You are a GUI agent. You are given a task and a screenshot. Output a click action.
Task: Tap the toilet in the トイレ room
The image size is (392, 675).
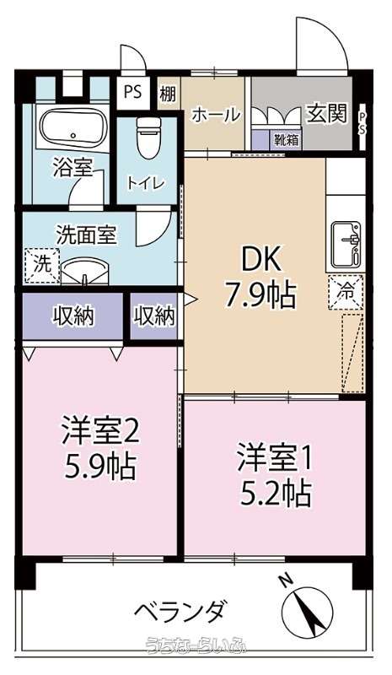click(x=148, y=138)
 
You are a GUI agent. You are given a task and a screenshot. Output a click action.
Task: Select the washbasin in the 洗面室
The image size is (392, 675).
click(x=85, y=271)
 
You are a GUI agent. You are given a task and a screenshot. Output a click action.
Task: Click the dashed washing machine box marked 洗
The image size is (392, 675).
click(x=42, y=265)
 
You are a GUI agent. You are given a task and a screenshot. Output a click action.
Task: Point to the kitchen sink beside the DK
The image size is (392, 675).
click(x=346, y=245)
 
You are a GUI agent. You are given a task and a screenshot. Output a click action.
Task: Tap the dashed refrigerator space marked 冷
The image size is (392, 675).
click(x=346, y=293)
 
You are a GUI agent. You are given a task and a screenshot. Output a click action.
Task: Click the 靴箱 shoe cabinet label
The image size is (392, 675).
click(x=286, y=140)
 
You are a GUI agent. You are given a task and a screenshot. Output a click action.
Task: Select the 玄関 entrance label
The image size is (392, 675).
click(x=326, y=114)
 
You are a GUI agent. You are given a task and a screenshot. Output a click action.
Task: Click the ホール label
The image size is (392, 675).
click(x=215, y=115)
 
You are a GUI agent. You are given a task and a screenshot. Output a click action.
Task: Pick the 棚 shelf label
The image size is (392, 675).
click(x=169, y=94)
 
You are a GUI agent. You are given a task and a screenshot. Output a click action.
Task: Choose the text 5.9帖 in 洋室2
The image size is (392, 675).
click(x=99, y=467)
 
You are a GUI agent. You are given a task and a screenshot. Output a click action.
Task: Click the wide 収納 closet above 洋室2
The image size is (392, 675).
click(x=73, y=316)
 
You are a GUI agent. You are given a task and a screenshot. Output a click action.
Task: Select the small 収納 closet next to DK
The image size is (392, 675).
click(x=154, y=316)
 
